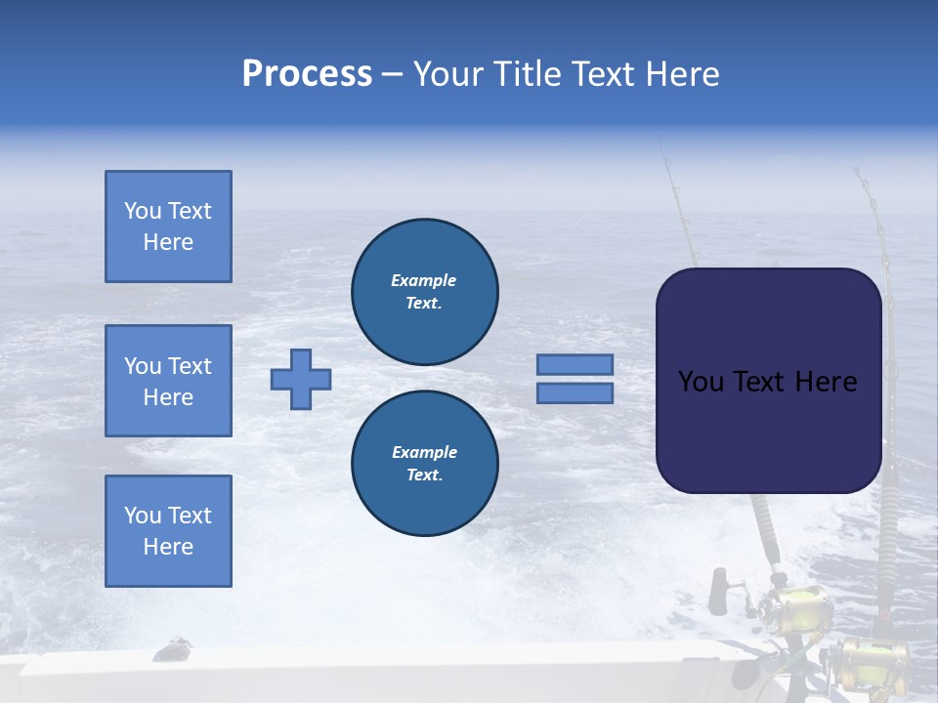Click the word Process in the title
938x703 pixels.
pos(307,74)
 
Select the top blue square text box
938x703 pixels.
pos(168,227)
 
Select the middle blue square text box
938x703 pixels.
pos(168,381)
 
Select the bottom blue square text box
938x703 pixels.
pos(168,531)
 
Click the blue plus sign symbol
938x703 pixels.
pos(301,379)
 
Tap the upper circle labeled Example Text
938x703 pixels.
pos(425,292)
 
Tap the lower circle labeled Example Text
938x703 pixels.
pos(425,464)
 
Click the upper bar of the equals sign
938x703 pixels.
pos(575,365)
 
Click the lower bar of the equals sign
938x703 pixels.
pos(575,393)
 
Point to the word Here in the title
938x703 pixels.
pos(685,74)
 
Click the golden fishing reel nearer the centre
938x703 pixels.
pos(803,607)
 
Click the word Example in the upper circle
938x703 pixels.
pos(424,280)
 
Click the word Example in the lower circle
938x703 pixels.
pos(424,452)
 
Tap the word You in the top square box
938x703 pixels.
pos(143,211)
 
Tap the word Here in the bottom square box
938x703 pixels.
pos(168,547)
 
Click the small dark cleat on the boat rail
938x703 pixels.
pos(176,645)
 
